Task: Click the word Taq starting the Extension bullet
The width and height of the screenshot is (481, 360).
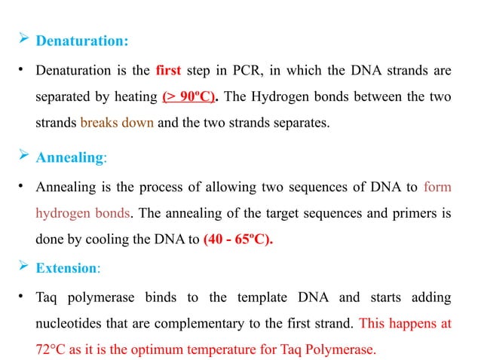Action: [47, 297]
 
